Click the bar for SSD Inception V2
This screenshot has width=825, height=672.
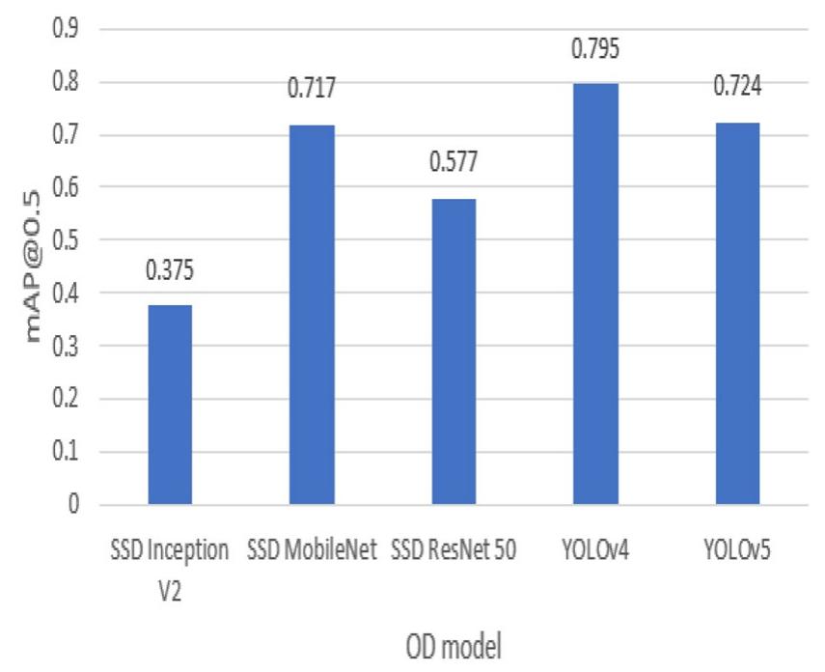170,405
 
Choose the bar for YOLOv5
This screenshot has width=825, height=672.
737,313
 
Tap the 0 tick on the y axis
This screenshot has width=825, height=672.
72,504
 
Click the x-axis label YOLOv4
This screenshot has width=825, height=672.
595,551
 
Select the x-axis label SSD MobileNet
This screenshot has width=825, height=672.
312,551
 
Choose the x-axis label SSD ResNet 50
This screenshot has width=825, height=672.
454,551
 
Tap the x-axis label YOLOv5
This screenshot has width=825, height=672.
737,551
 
